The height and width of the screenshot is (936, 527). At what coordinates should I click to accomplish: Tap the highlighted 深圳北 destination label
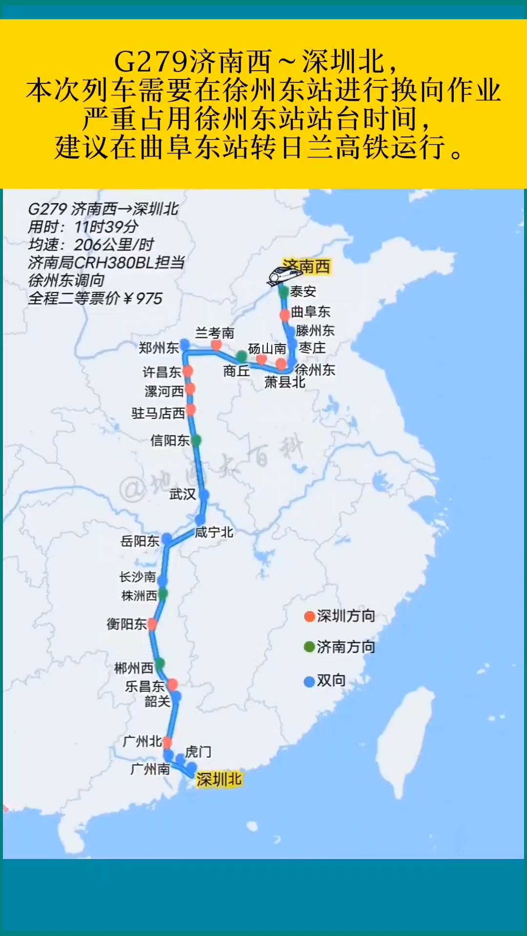coord(219,780)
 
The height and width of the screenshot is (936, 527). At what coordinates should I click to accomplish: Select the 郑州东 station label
coord(159,348)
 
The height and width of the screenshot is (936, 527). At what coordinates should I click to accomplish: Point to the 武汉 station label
coord(182,494)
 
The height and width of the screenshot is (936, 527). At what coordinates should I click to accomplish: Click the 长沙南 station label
coord(138,577)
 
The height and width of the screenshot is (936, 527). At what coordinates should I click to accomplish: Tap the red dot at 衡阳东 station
coord(152,624)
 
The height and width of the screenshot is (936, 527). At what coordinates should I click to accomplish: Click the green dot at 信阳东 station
coord(196,441)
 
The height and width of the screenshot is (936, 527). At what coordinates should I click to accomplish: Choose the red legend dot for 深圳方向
coord(309,617)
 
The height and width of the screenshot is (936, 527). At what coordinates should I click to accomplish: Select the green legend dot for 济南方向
coord(309,647)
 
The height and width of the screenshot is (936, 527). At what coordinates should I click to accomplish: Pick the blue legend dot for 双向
coord(309,682)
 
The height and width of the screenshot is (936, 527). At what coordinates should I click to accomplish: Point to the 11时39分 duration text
coord(106,227)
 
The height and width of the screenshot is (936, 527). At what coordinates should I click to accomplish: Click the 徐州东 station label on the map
coord(315,370)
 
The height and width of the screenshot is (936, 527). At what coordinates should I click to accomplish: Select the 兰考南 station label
coord(215,333)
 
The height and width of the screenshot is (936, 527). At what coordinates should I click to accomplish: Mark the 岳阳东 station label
coord(140,541)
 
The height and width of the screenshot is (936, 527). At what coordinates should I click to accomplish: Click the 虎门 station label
coord(198,752)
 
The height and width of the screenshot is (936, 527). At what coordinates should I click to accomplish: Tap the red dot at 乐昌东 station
coord(172,685)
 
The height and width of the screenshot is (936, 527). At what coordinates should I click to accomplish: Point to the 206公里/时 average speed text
coord(114,245)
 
